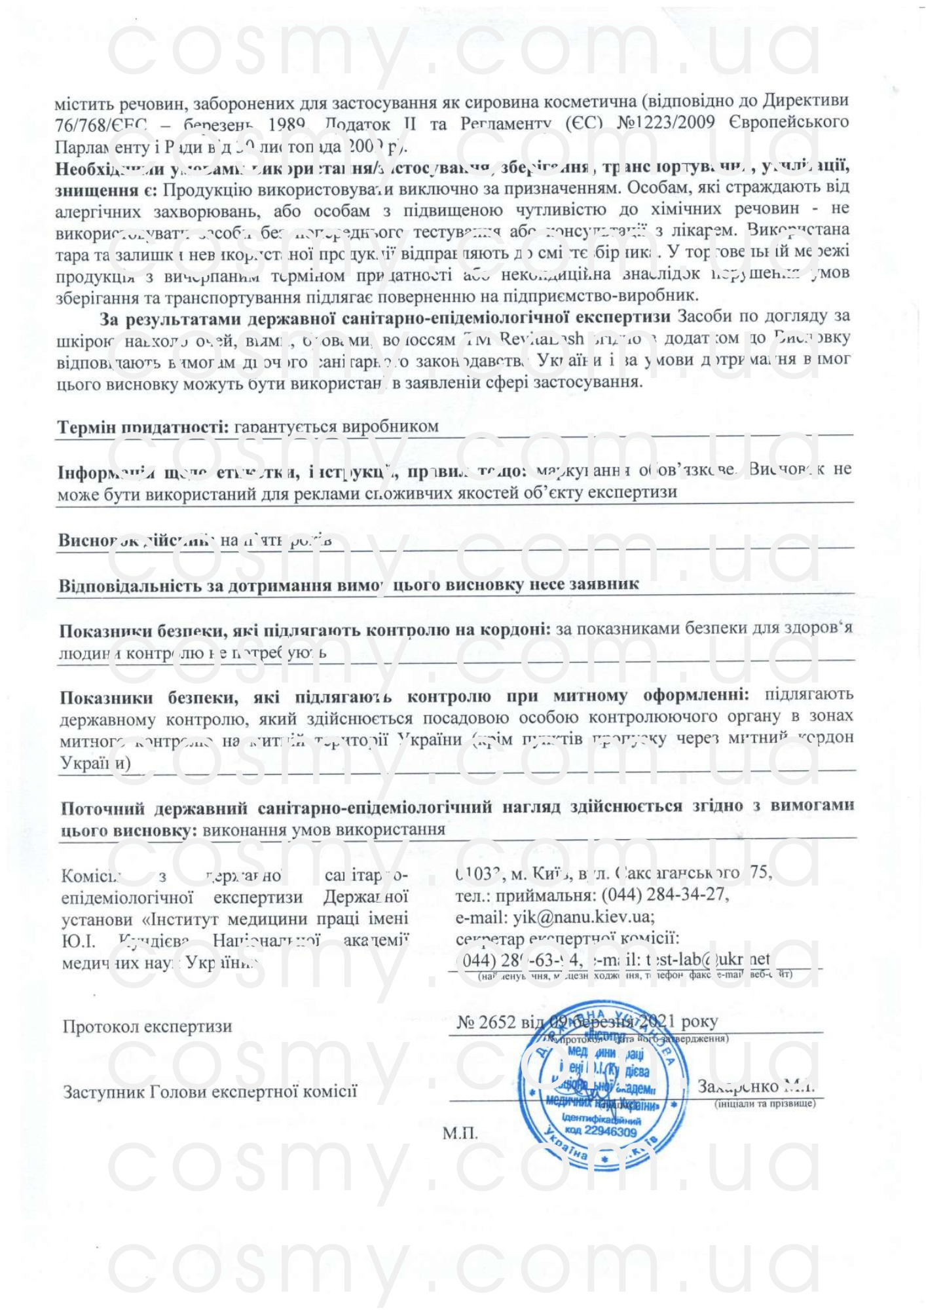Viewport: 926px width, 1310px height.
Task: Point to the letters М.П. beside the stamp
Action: pos(460,1133)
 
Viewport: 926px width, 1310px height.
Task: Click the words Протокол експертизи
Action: pos(147,1026)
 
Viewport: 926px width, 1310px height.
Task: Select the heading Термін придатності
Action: pos(143,427)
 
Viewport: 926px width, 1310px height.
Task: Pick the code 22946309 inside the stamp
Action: pos(610,1132)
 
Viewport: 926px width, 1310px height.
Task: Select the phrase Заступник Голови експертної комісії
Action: pos(210,1092)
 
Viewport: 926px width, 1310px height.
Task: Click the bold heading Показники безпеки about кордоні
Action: pos(305,630)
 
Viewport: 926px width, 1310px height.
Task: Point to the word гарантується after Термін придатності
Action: pos(286,427)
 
